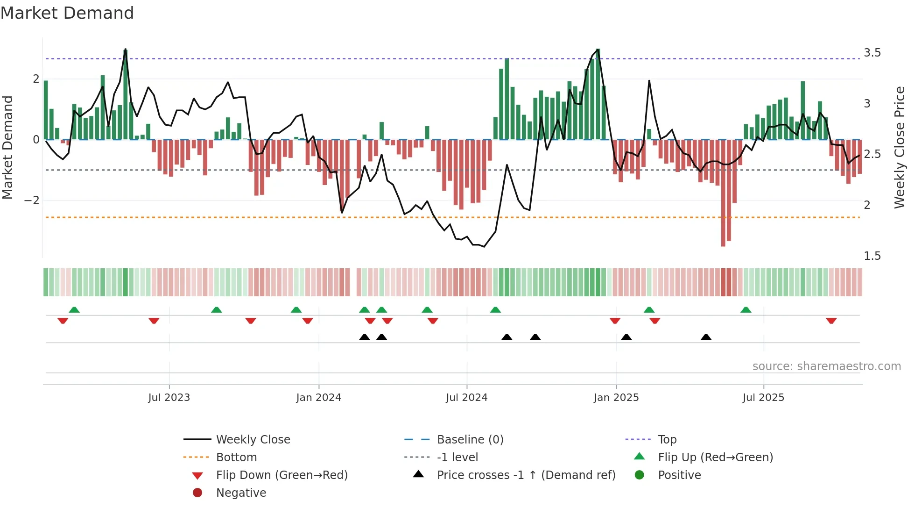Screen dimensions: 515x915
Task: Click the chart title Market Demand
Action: [x=67, y=13]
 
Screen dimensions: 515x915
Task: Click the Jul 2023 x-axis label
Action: [x=169, y=398]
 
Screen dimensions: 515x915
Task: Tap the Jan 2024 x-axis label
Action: [x=318, y=398]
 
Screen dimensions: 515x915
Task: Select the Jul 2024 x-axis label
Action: [x=466, y=398]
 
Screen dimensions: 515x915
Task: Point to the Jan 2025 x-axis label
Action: [x=616, y=398]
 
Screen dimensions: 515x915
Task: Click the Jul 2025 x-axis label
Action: [x=763, y=398]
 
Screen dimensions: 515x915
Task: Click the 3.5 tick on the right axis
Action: [x=872, y=53]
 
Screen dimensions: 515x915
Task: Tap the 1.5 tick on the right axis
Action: [x=872, y=256]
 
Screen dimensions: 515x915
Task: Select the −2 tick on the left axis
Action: [x=32, y=200]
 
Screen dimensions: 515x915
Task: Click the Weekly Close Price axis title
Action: [x=899, y=147]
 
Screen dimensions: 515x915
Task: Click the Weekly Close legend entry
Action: [x=253, y=440]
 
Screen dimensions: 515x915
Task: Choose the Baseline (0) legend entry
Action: [x=470, y=440]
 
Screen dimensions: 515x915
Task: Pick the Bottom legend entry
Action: [x=236, y=458]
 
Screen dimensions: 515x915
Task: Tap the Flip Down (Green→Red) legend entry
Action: [x=282, y=475]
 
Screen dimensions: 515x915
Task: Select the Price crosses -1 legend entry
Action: [x=526, y=475]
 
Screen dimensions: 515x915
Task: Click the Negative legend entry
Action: [x=241, y=493]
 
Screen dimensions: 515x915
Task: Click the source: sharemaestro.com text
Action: [x=826, y=366]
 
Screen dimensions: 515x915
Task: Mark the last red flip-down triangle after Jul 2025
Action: [x=831, y=321]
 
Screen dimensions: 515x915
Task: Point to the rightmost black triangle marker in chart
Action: [x=706, y=337]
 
